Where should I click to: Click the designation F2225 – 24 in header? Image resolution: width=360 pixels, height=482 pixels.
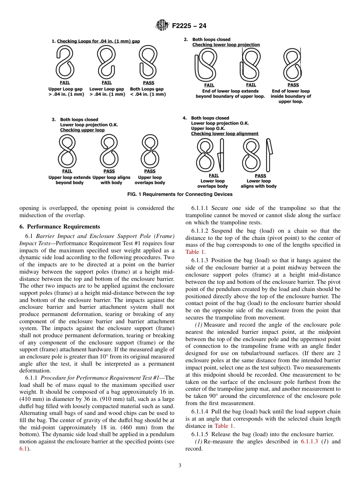click(189, 26)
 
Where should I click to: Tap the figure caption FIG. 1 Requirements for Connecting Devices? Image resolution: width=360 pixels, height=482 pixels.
click(180, 194)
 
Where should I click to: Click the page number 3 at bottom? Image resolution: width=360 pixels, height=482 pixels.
click(180, 466)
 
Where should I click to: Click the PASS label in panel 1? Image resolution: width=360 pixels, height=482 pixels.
click(149, 83)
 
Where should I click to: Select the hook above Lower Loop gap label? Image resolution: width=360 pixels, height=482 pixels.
click(106, 63)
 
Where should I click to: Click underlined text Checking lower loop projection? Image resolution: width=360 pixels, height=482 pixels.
click(226, 45)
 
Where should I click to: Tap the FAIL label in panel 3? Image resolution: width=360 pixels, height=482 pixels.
click(67, 171)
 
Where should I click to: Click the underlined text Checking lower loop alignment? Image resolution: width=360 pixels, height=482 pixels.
click(225, 134)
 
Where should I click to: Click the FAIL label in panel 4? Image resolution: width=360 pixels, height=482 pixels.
click(214, 176)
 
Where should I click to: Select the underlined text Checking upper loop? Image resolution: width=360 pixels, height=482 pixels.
click(82, 130)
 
